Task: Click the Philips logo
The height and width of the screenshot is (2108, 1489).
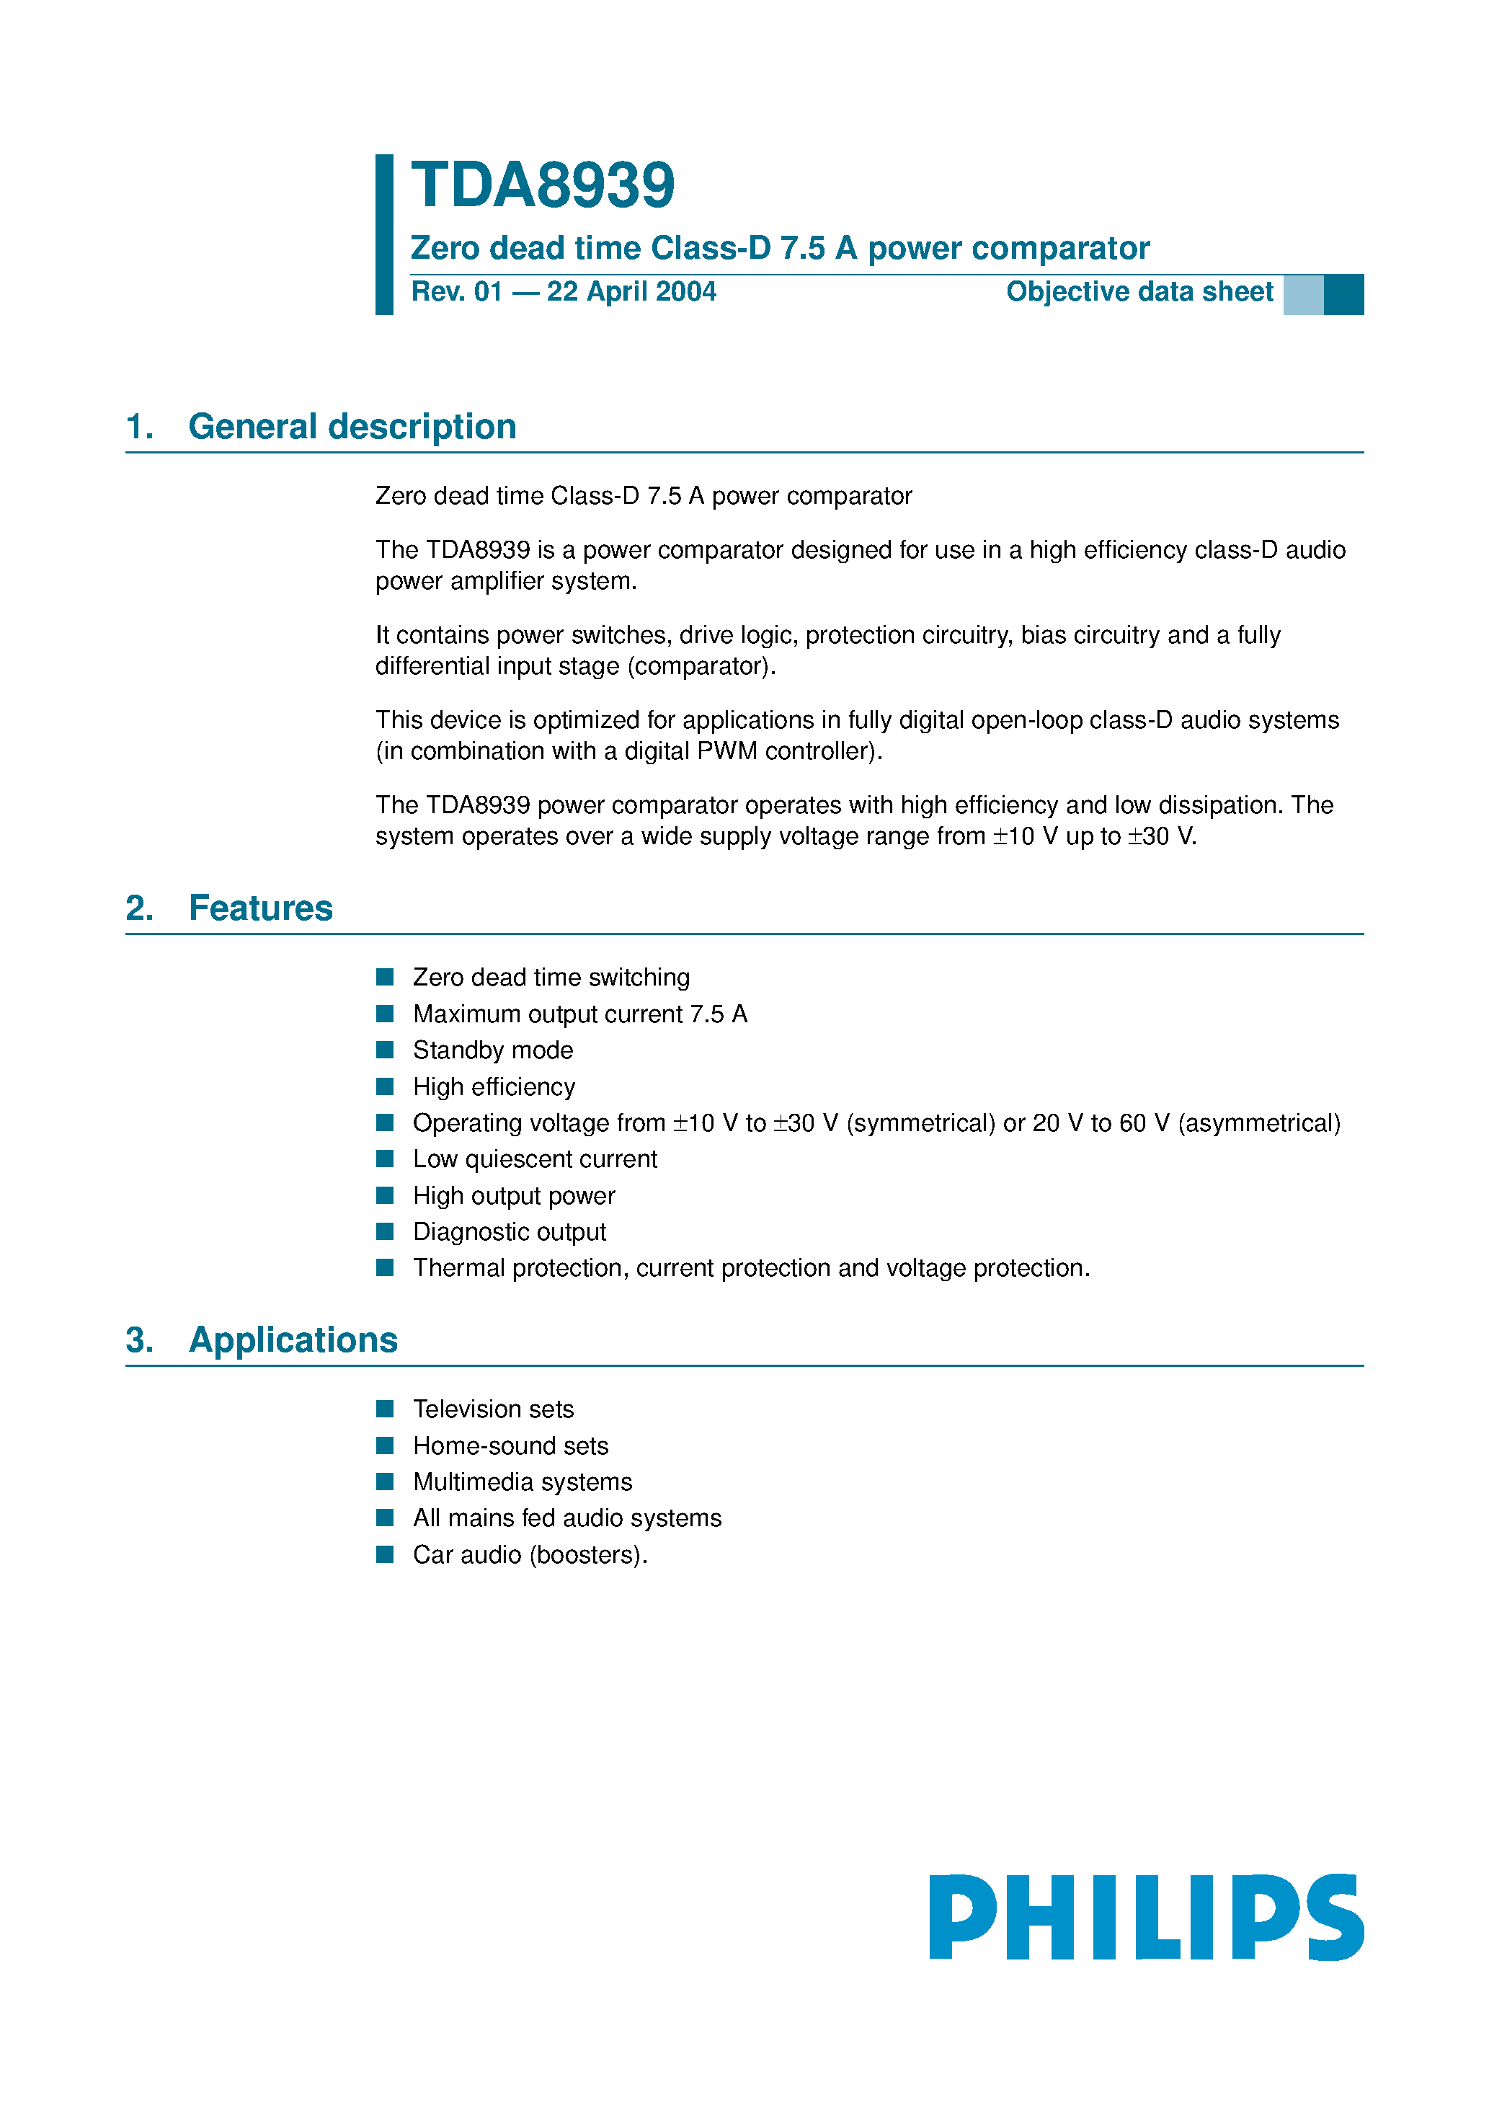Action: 1146,1917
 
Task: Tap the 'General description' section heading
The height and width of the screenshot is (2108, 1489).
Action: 352,427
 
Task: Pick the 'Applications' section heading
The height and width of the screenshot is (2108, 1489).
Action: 293,1340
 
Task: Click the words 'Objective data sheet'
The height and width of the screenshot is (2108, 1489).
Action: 1139,292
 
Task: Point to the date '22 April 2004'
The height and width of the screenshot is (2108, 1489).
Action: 631,292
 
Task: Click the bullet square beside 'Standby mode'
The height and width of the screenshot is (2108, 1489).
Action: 386,1050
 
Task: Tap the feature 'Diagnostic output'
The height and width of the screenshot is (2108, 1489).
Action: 510,1232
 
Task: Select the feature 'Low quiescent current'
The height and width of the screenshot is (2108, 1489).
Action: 535,1159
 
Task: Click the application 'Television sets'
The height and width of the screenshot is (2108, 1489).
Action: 493,1409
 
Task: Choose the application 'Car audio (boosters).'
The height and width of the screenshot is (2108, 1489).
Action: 530,1555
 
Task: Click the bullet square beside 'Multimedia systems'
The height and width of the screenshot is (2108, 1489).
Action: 386,1482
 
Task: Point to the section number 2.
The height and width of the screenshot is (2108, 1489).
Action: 138,908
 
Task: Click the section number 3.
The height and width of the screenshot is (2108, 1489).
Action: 138,1340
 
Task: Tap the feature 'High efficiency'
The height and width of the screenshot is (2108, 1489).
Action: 494,1087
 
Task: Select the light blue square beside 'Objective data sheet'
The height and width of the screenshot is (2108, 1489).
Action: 1302,295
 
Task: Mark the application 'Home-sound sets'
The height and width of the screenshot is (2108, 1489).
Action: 510,1446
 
